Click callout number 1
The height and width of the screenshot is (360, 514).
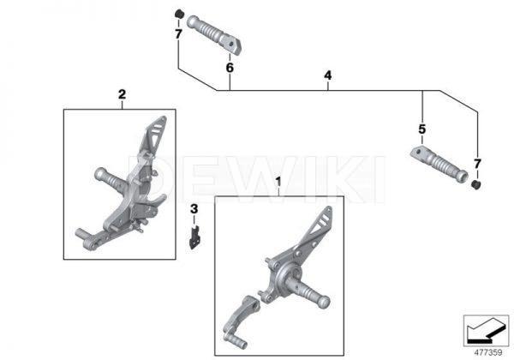(x=278, y=182)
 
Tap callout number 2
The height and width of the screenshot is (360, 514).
(x=122, y=94)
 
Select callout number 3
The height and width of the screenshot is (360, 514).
(x=194, y=209)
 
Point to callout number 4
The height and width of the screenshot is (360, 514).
(x=328, y=75)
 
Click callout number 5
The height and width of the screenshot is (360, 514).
(x=421, y=129)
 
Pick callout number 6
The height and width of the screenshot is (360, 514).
(x=230, y=68)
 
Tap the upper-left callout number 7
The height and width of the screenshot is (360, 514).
(x=178, y=34)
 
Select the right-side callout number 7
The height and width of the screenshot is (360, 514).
(x=477, y=164)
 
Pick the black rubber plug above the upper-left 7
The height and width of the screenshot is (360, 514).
(x=179, y=14)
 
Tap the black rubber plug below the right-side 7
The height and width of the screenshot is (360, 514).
(x=476, y=184)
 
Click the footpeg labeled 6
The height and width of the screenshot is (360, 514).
(x=214, y=33)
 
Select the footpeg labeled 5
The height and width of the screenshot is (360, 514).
(x=439, y=164)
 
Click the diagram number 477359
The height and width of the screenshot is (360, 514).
(x=488, y=353)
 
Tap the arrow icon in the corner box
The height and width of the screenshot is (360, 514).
(x=486, y=331)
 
